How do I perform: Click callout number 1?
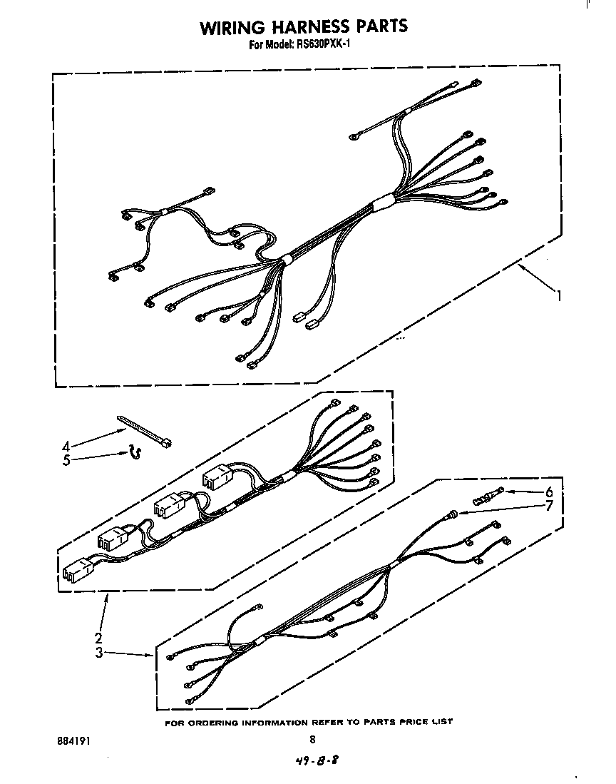[x=560, y=295]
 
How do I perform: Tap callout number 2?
[x=98, y=637]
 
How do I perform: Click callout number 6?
[x=549, y=492]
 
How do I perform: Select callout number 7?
[x=549, y=506]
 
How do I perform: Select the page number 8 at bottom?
[x=312, y=740]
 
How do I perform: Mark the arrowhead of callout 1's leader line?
[x=518, y=265]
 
